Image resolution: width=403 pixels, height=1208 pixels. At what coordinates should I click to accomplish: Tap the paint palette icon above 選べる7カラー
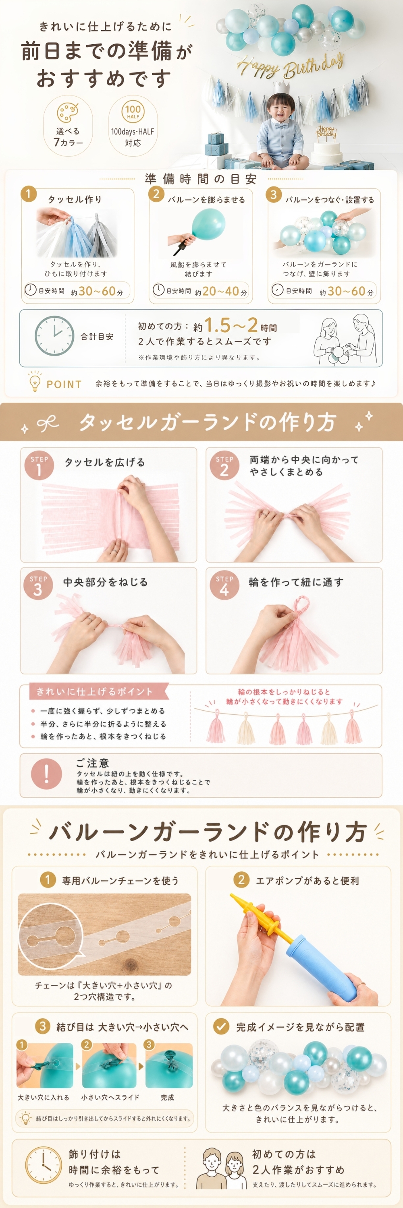tap(68, 112)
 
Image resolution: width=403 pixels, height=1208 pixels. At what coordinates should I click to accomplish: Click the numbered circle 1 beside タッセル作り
tap(29, 194)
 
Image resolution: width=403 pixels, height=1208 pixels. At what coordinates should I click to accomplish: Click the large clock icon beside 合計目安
tap(54, 336)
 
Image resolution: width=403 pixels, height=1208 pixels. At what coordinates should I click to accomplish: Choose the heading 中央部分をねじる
tap(106, 582)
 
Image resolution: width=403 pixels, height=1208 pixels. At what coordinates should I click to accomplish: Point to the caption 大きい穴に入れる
tap(43, 1097)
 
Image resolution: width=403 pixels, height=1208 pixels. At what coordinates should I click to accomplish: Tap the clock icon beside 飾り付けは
tap(44, 1166)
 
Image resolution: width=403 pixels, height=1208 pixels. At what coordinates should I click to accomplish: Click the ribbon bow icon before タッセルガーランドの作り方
tap(48, 424)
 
